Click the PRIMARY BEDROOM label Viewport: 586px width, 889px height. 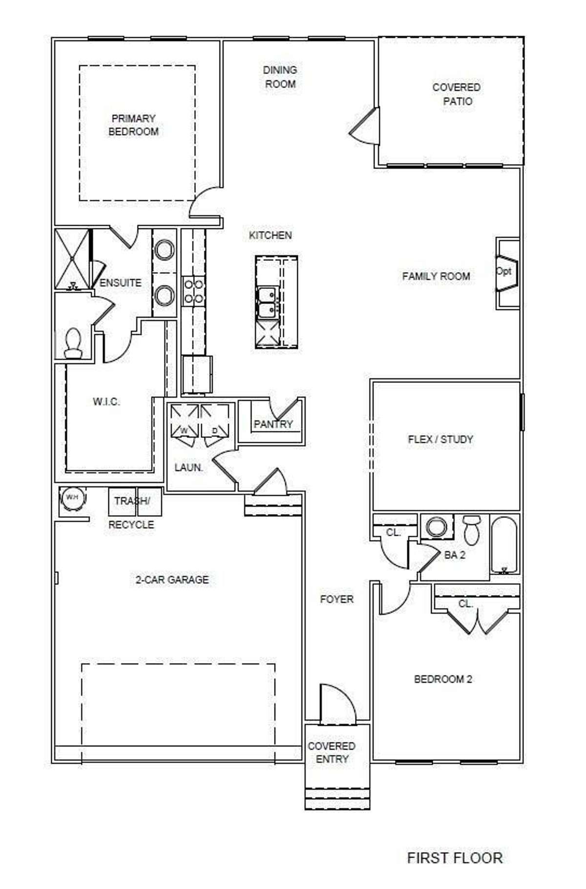133,125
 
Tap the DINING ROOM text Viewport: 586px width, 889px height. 280,77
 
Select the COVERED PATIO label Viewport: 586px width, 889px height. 457,94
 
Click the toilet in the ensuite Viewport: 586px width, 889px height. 73,343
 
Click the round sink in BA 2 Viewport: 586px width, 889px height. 436,527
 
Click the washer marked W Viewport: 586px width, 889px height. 184,421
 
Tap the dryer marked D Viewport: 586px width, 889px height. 215,421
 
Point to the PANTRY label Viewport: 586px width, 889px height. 273,424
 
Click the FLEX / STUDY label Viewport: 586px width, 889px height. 440,439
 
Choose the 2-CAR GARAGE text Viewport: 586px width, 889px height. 172,580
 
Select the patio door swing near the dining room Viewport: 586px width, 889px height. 364,126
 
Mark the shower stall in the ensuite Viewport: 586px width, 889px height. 72,259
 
